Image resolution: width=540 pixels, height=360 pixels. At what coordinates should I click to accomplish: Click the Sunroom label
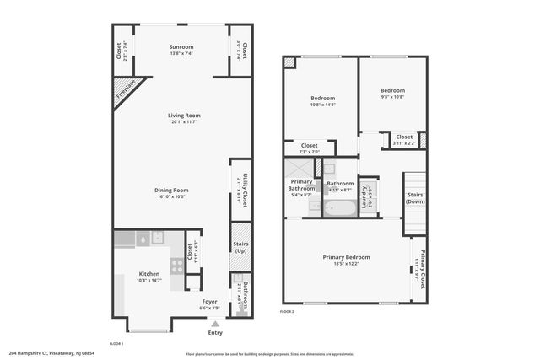[181, 46]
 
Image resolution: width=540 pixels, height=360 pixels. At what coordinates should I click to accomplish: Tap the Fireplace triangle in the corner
[126, 93]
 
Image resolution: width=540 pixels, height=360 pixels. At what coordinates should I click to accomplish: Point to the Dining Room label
[170, 190]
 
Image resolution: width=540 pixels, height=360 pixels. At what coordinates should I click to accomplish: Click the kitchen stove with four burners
[177, 263]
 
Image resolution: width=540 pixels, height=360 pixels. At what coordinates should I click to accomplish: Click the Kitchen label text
[149, 274]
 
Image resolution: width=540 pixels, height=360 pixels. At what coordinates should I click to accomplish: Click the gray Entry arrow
[215, 323]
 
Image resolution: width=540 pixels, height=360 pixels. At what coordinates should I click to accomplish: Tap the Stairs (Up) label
[240, 249]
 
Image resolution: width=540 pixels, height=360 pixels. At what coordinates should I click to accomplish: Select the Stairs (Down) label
[414, 198]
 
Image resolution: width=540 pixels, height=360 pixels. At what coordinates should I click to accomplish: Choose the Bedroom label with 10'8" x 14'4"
[322, 98]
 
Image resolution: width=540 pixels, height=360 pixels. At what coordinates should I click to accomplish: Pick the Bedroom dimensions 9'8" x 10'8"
[392, 96]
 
